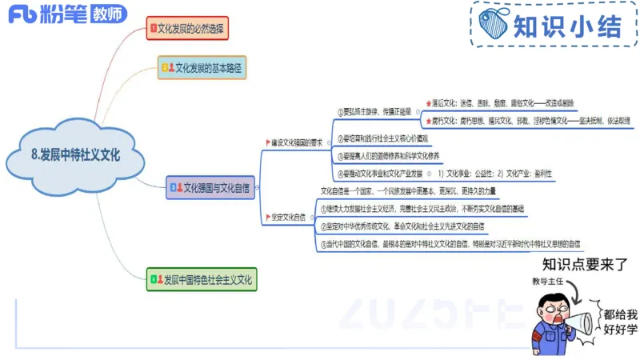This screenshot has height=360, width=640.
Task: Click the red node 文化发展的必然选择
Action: tap(188, 29)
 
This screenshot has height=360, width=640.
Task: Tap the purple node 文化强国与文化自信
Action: tap(210, 189)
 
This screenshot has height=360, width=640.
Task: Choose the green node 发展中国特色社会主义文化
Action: tap(203, 280)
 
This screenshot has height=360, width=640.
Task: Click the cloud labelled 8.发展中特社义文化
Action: tap(75, 156)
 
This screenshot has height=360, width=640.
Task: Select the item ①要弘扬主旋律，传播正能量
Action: tap(376, 111)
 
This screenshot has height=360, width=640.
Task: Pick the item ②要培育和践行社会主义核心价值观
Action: tap(387, 138)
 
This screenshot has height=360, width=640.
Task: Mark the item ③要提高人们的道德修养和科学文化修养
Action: tap(393, 156)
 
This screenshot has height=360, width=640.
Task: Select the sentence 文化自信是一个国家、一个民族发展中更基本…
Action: tap(408, 191)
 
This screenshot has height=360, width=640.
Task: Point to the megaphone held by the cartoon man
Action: tap(582, 322)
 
